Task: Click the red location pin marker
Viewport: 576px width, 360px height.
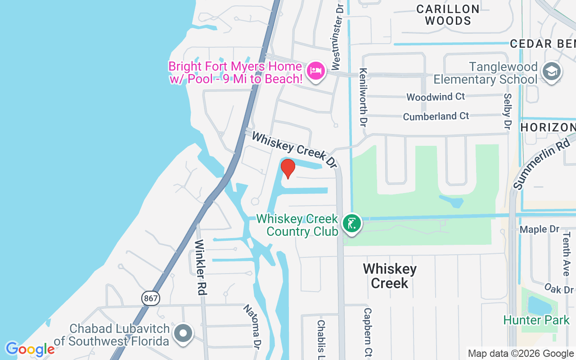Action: (288, 168)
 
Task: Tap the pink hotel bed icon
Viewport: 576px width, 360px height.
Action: (316, 71)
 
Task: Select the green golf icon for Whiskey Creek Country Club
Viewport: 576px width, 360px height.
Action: (351, 223)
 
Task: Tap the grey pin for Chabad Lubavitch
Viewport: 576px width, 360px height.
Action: (183, 334)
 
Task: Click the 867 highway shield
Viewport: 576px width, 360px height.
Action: (150, 298)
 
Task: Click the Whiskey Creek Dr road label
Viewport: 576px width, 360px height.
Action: (294, 150)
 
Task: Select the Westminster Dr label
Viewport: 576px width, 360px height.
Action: (337, 38)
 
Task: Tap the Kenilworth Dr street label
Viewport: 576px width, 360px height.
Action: (363, 97)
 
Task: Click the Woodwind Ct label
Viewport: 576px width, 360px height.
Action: (436, 97)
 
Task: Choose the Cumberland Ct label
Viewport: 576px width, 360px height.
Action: (436, 117)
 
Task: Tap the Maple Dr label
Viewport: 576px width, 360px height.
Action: (539, 229)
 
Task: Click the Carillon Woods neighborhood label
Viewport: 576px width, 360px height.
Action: (448, 15)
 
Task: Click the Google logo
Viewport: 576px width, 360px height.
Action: (30, 349)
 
